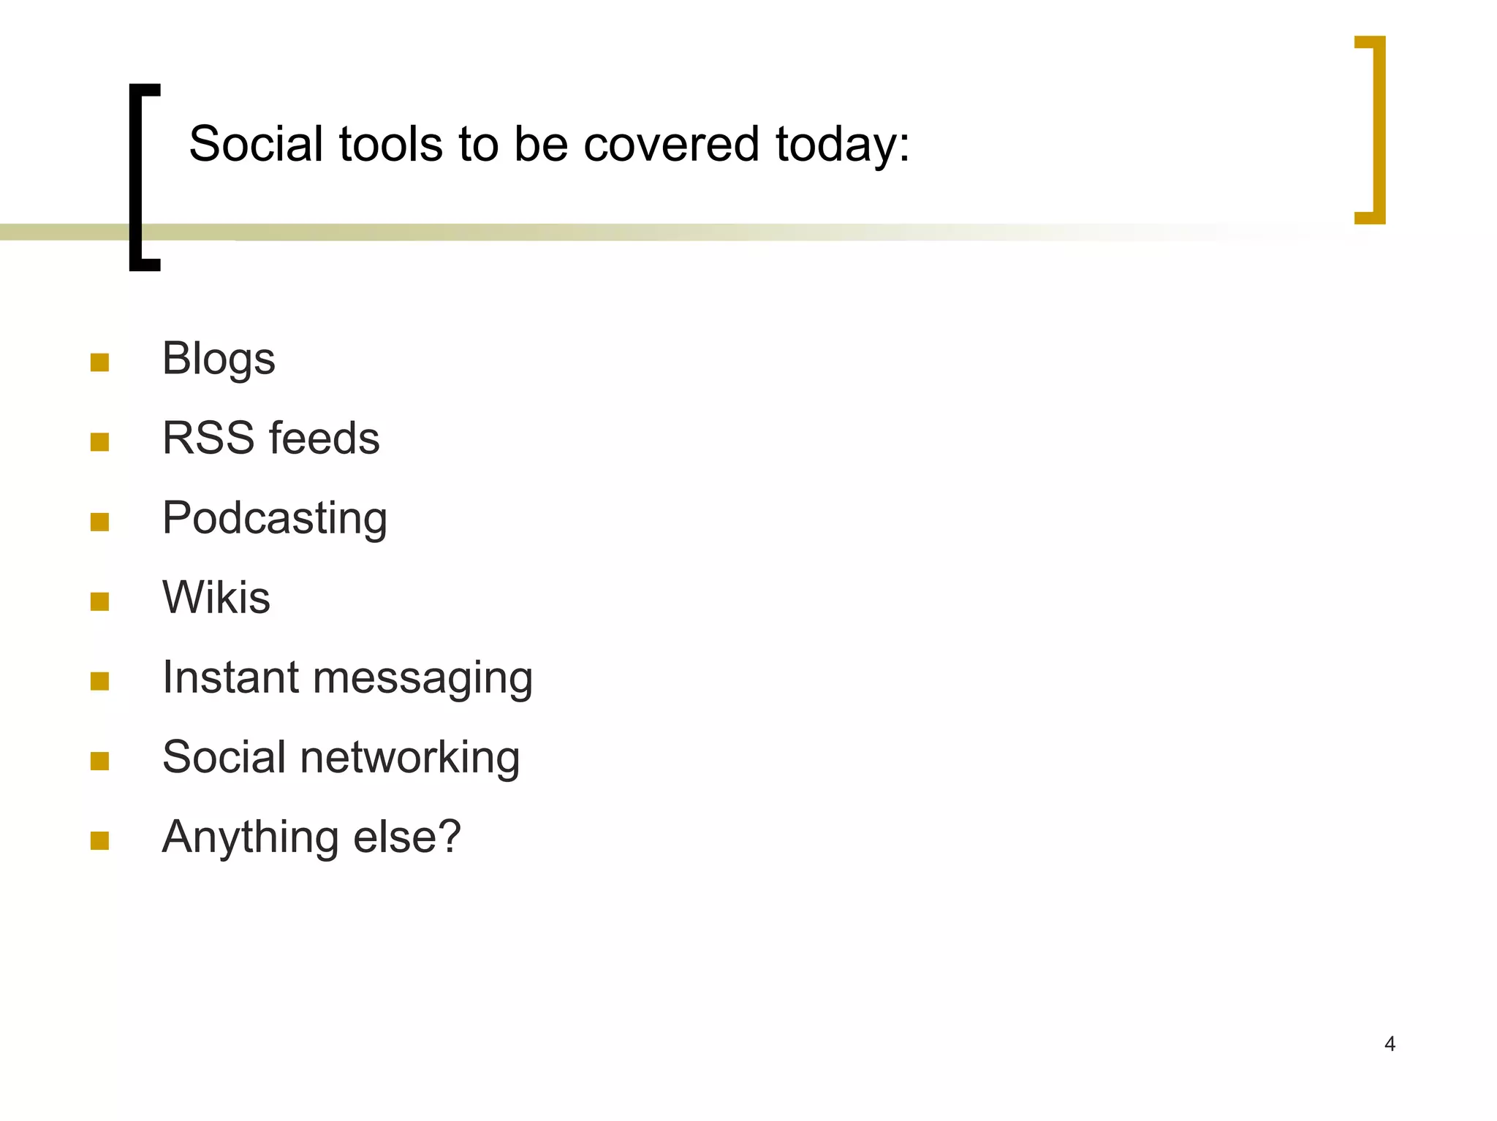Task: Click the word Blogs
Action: [x=219, y=359]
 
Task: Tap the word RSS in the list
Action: [x=208, y=438]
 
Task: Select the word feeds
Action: [x=325, y=438]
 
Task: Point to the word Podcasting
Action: [x=274, y=519]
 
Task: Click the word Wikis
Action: [x=216, y=598]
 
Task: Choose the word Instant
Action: [x=230, y=677]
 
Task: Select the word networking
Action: [x=410, y=758]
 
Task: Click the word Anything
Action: [x=250, y=838]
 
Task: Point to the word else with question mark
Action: [x=407, y=837]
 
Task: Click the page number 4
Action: [x=1390, y=1044]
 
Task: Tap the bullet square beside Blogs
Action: [x=99, y=362]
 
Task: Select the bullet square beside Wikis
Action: [x=99, y=601]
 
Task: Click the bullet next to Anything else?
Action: [x=99, y=841]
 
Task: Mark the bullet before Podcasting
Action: [x=99, y=522]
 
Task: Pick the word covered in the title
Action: [x=672, y=144]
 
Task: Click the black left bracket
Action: [x=136, y=177]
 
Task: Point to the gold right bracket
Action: [x=1378, y=129]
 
